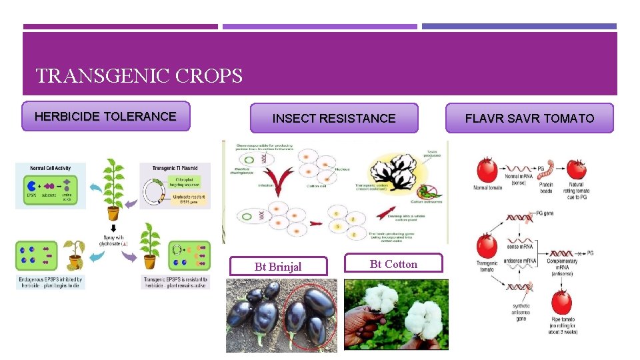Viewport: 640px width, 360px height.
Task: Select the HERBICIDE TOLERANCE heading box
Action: (105, 117)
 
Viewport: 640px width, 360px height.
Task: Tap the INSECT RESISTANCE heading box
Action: (334, 119)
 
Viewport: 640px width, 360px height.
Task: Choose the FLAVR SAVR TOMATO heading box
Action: (529, 119)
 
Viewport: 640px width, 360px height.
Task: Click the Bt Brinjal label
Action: (278, 267)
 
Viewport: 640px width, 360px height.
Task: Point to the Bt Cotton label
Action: (393, 264)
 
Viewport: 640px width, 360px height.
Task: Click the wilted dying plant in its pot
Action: (74, 254)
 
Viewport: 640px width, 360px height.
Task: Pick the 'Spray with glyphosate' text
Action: (113, 240)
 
